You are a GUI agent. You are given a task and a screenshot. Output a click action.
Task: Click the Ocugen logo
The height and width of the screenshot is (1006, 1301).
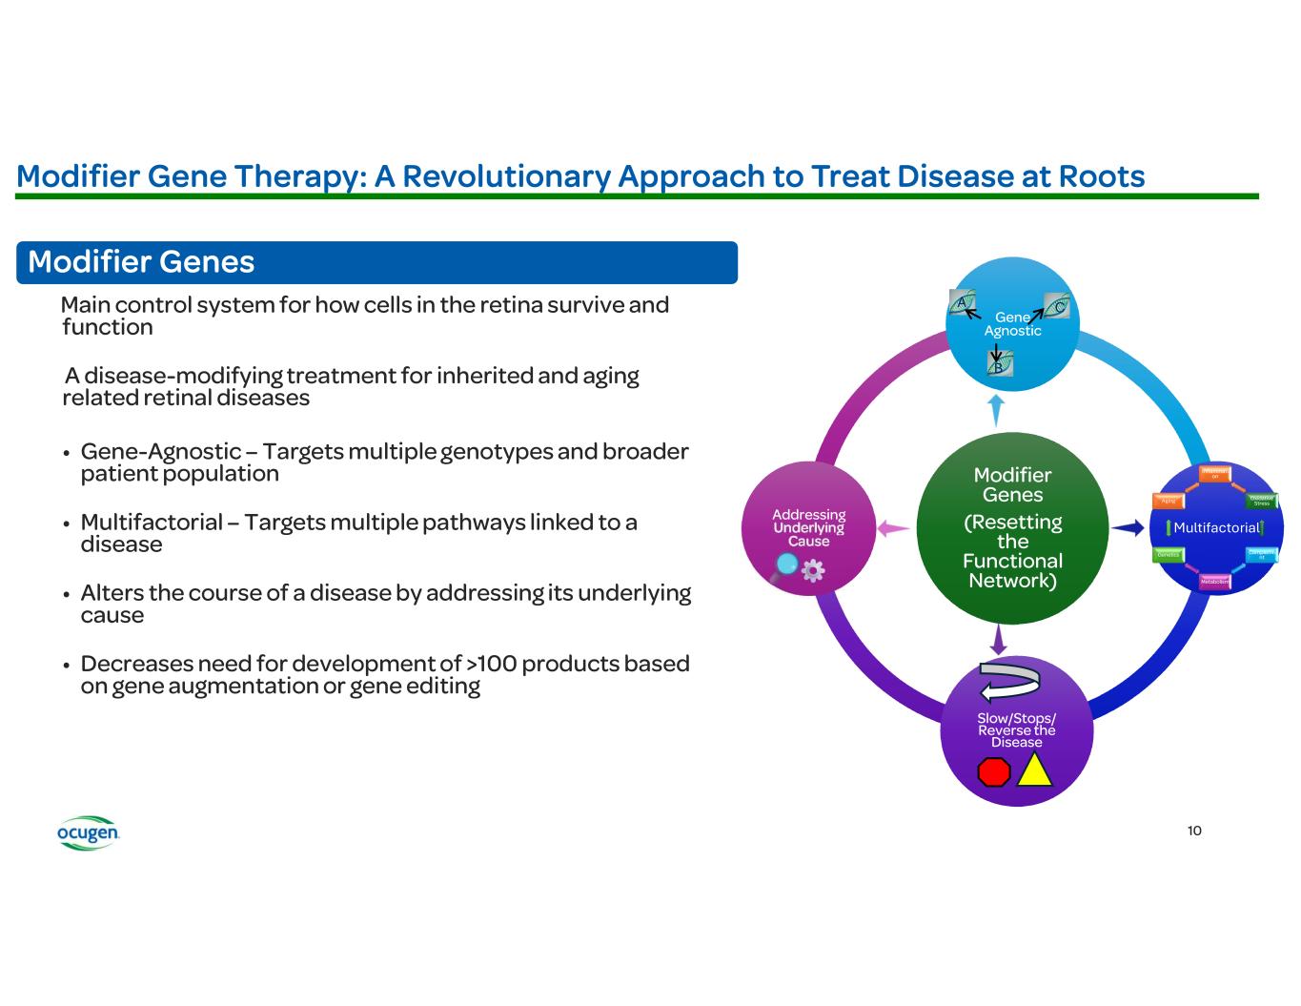[88, 832]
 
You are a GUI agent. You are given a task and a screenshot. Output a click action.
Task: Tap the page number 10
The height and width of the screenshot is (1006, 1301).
[1194, 831]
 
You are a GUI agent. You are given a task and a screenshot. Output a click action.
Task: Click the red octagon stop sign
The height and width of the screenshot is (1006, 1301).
[994, 771]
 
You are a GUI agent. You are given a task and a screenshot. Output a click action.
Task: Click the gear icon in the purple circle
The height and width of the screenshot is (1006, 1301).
[813, 571]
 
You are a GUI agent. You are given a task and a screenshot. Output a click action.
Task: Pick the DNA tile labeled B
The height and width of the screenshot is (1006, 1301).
[999, 363]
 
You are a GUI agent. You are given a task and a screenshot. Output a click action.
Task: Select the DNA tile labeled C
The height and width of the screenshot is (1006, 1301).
[1057, 305]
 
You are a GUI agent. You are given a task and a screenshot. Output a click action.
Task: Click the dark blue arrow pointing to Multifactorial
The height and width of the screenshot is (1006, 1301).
[1128, 527]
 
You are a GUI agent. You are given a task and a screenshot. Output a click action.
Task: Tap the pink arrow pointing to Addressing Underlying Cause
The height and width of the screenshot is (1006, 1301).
[893, 527]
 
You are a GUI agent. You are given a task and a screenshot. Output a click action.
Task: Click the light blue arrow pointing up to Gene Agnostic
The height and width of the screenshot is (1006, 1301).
[996, 410]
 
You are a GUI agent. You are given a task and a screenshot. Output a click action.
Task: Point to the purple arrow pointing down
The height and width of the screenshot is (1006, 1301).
[999, 639]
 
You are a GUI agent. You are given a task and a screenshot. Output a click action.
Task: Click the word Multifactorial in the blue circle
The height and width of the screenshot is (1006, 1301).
[1216, 527]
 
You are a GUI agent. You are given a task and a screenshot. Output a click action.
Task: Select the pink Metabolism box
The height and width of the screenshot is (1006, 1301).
[1213, 581]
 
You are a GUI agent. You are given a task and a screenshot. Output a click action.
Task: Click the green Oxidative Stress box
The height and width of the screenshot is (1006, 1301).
[1261, 501]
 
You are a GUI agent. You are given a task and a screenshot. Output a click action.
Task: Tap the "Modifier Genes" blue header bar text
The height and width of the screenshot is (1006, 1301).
[141, 262]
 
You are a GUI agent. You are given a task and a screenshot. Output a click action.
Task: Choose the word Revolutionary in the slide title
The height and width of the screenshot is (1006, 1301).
[493, 176]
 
